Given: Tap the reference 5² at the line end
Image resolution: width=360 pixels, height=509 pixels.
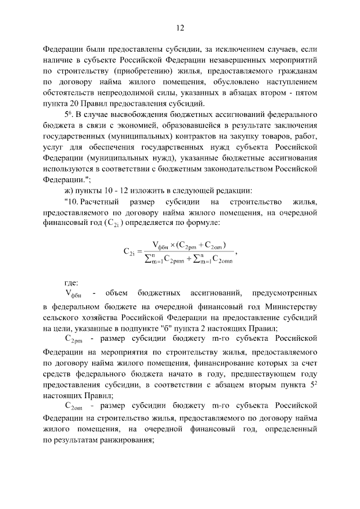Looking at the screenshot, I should tap(314, 384).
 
